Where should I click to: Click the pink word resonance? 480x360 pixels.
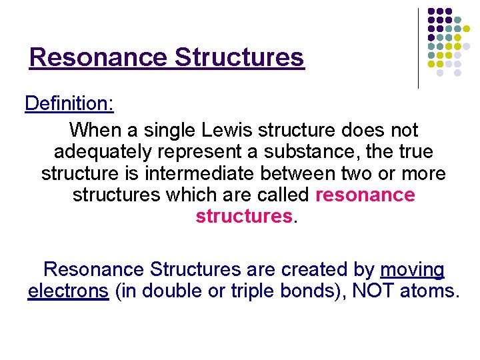pyautogui.click(x=365, y=195)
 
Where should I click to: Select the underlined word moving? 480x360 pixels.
pyautogui.click(x=411, y=269)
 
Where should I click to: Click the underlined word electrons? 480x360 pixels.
pyautogui.click(x=68, y=291)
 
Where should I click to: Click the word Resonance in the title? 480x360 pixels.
pyautogui.click(x=98, y=57)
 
